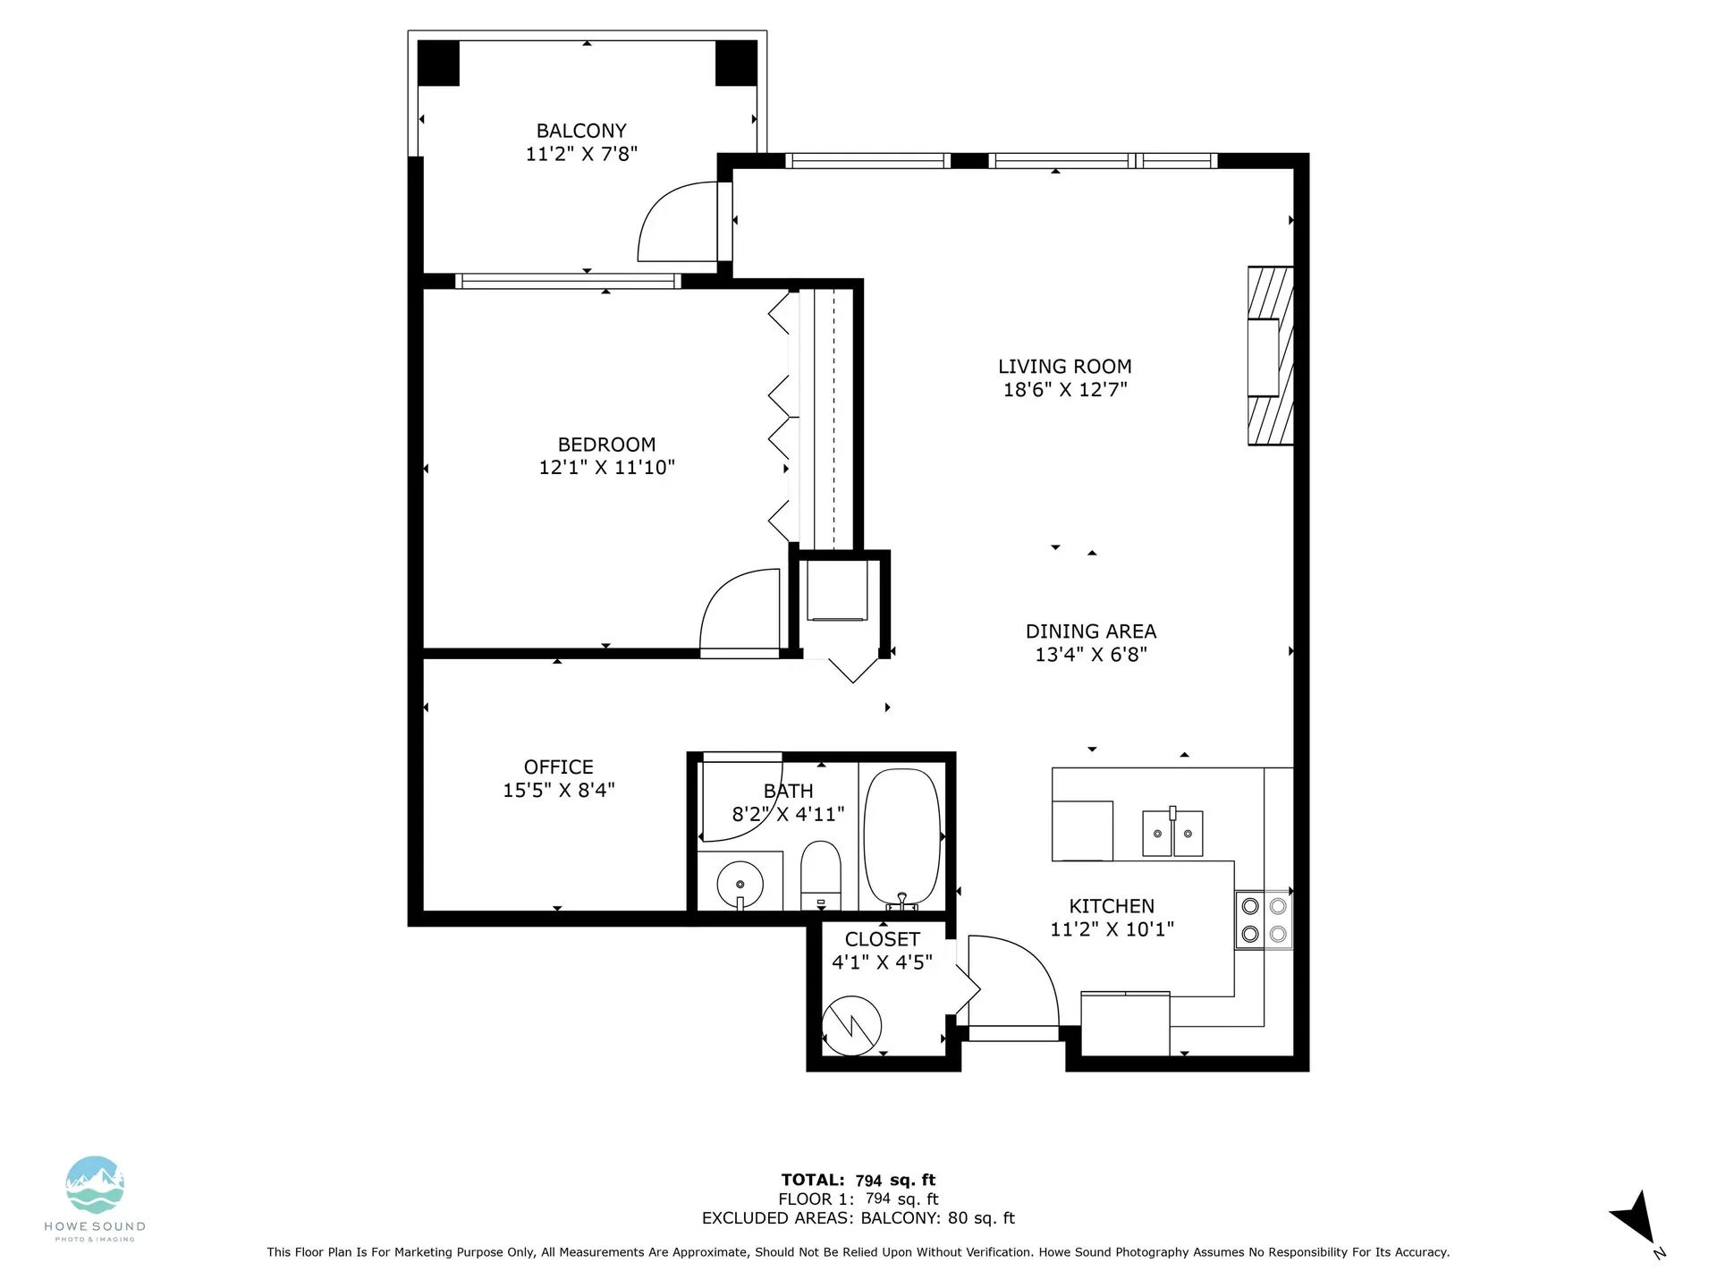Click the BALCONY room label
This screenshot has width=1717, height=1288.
581,131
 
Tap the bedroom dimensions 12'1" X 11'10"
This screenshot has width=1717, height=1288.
606,467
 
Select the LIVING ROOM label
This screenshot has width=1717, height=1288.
1064,366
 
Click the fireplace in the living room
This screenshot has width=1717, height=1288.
1270,356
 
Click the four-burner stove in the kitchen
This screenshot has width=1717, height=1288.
1264,920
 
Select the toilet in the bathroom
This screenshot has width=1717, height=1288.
820,873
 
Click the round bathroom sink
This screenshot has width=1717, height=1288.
740,885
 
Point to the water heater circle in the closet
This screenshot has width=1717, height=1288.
851,1026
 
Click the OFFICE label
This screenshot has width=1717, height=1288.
558,767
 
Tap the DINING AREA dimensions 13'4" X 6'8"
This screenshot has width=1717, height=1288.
1090,654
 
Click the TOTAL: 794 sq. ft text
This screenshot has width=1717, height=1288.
858,1180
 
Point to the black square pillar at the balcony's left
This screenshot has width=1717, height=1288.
438,63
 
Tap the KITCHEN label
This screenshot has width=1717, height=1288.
1111,906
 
